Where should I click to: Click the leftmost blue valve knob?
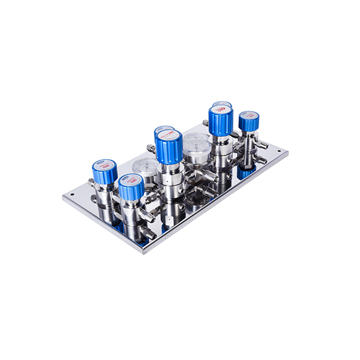(x=104, y=172)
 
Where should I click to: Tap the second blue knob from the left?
(x=131, y=187)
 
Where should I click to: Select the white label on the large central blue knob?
(x=169, y=136)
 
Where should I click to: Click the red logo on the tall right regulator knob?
(x=221, y=110)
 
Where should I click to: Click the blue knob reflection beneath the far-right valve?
(x=245, y=172)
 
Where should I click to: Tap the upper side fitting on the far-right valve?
(x=262, y=145)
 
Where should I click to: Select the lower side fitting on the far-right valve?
(x=262, y=160)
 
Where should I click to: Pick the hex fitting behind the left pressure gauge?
(x=151, y=148)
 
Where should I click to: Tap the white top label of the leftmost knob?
(x=105, y=164)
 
